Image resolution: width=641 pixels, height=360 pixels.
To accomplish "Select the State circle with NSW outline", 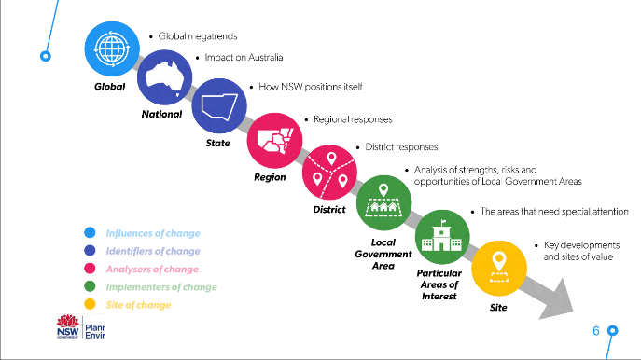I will (x=218, y=110).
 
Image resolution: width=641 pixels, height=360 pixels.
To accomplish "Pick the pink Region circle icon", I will (x=273, y=140).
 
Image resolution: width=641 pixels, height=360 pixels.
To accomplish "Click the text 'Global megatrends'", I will (x=199, y=36).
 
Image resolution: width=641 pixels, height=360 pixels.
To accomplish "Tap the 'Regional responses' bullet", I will (x=353, y=119).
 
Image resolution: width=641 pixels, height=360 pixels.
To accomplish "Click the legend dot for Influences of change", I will (x=90, y=233).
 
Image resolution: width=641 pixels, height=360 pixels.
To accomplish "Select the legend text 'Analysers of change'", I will (x=152, y=269).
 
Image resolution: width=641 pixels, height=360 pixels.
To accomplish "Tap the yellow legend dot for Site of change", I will (x=90, y=304).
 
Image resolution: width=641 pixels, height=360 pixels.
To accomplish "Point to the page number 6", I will (x=596, y=331).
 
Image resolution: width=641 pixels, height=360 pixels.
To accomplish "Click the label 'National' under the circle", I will (x=161, y=115).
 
